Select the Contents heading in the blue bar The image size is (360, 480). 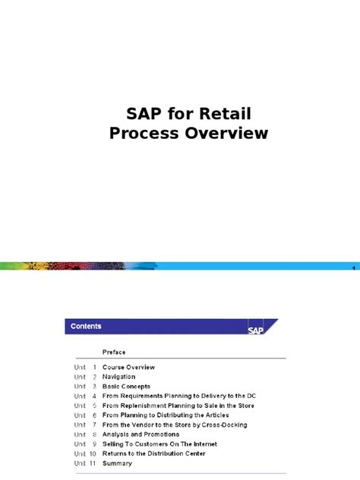86,327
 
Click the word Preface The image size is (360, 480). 114,352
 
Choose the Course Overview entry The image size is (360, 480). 128,368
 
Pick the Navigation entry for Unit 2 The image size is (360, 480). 118,377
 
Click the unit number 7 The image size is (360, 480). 95,425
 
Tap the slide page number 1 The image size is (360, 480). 354,271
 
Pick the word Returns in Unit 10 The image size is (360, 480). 115,453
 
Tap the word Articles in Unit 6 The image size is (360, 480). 213,415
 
